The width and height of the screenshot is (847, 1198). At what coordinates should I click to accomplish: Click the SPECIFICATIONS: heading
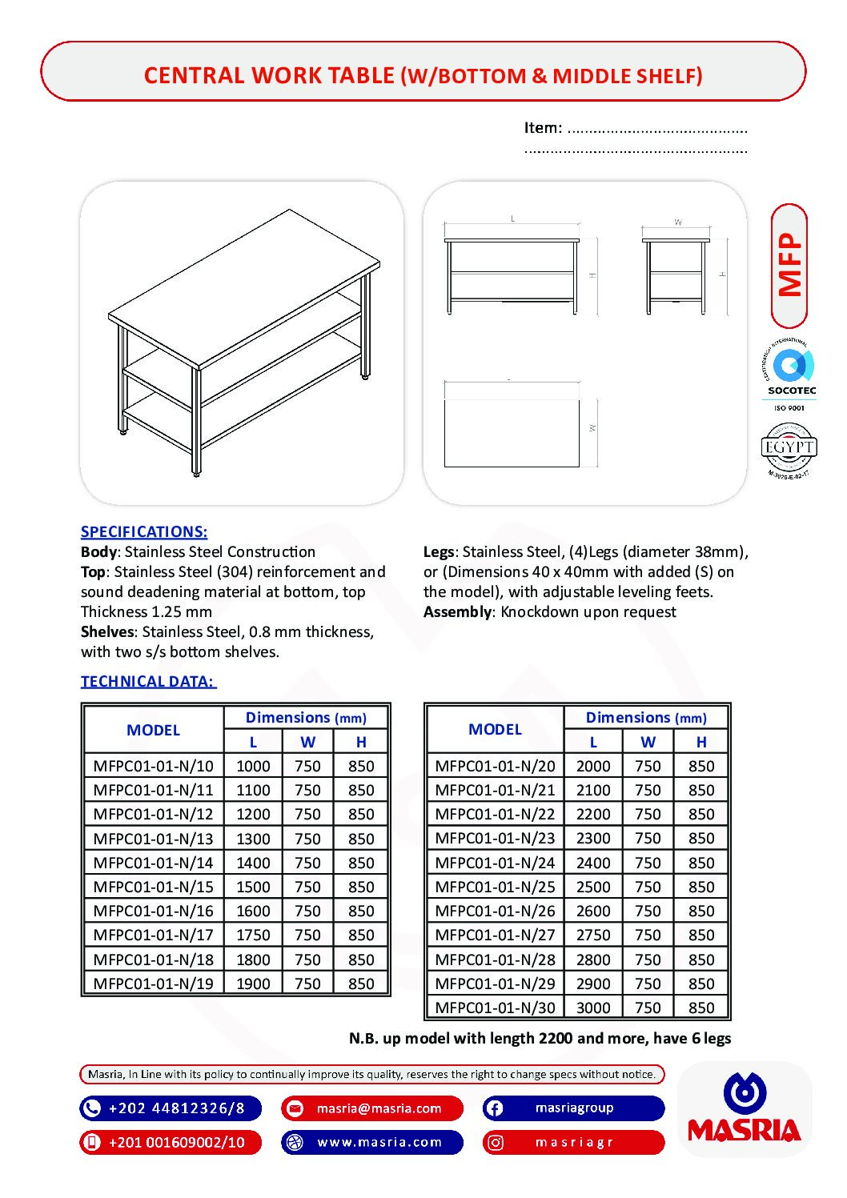(144, 531)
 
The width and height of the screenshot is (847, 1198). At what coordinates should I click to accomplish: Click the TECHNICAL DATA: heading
(148, 681)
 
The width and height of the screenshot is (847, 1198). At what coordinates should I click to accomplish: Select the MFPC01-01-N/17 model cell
(153, 935)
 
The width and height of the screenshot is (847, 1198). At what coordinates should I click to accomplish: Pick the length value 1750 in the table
(253, 935)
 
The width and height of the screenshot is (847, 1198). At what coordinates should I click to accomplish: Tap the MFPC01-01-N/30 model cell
(495, 1008)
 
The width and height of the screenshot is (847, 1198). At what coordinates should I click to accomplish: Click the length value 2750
(593, 935)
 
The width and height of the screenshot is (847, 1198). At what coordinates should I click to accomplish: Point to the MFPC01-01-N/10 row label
(153, 766)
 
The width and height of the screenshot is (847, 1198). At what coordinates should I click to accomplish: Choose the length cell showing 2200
(593, 814)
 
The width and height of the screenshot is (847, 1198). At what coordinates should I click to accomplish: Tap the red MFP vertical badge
(789, 266)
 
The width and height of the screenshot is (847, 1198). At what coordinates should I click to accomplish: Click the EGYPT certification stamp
(789, 451)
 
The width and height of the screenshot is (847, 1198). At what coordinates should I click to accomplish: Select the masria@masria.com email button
(372, 1108)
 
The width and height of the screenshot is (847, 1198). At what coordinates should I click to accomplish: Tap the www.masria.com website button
(372, 1142)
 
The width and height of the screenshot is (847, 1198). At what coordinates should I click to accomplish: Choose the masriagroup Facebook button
(573, 1108)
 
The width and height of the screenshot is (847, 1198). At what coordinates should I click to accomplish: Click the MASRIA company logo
(745, 1110)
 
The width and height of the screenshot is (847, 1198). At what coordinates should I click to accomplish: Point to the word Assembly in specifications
(457, 611)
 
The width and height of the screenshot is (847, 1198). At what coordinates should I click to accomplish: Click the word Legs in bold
(439, 551)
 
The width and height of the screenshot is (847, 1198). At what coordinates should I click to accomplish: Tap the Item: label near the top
(543, 127)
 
